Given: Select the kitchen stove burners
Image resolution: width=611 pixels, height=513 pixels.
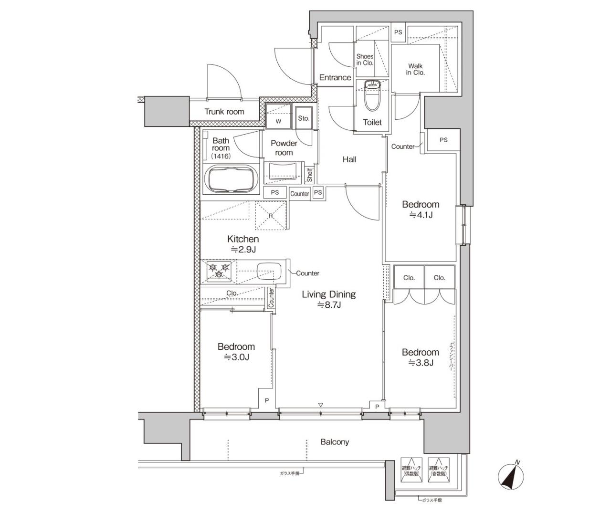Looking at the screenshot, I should [219, 271].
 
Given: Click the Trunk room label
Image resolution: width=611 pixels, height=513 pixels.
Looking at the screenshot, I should [224, 112].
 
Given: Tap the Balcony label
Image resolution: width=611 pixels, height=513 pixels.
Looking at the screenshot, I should [335, 442].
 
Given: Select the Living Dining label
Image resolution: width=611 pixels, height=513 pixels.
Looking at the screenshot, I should [328, 294].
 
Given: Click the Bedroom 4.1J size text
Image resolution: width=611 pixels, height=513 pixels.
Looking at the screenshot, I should [421, 215].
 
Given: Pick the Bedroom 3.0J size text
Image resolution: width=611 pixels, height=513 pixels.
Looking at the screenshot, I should [236, 357].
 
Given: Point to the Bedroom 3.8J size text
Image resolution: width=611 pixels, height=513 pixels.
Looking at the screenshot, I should [421, 363].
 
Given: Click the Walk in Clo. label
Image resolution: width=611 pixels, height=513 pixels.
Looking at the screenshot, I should [415, 70].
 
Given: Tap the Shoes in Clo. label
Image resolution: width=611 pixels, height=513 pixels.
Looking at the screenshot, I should [365, 60].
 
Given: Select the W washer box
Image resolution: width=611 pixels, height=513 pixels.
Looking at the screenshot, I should [278, 121].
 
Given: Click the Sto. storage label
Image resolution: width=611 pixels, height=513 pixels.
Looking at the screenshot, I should [304, 118].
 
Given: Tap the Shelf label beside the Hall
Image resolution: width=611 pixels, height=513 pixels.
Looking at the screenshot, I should [309, 175].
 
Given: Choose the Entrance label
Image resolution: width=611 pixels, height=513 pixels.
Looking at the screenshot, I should [335, 77].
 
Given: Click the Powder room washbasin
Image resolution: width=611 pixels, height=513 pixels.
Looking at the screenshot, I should [284, 171].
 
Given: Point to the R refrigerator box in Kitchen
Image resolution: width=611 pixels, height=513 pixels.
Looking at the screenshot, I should [271, 215].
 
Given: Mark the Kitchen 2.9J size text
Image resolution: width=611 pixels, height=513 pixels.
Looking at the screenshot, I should [243, 249].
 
